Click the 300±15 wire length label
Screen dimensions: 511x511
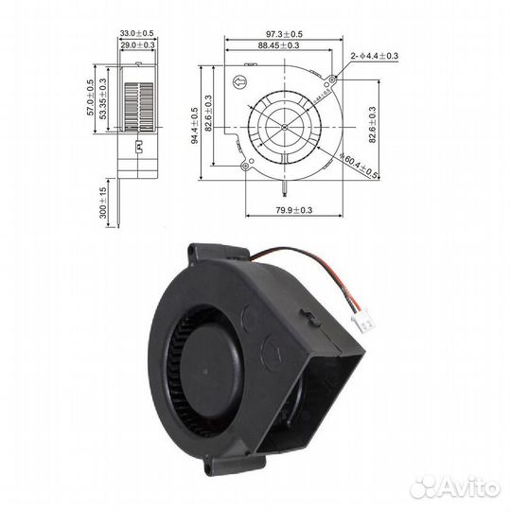(x=103, y=202)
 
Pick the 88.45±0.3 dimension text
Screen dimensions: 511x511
(x=283, y=45)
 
